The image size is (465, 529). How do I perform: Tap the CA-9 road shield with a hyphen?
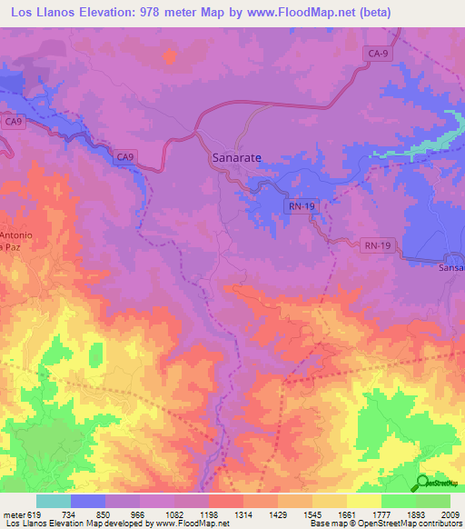click(380, 55)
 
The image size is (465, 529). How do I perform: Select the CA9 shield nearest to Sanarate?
click(125, 157)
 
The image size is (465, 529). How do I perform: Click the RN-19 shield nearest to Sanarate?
click(302, 207)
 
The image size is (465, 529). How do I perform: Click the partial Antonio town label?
click(16, 236)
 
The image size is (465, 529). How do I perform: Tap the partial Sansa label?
click(451, 269)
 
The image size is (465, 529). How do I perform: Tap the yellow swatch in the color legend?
click(363, 501)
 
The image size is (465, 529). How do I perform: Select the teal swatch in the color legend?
click(53, 501)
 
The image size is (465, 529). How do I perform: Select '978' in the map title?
click(170, 12)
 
